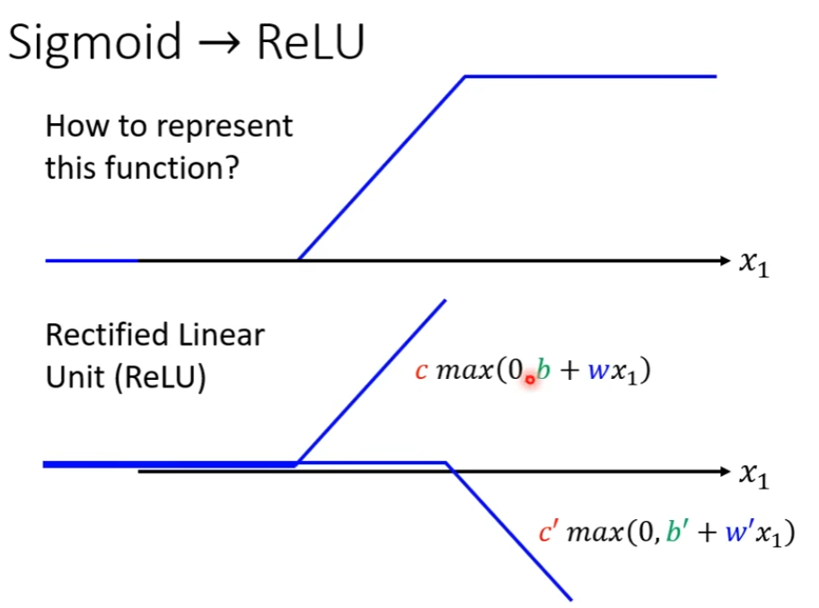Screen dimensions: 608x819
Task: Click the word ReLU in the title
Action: point(310,42)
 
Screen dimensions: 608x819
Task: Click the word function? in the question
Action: point(182,167)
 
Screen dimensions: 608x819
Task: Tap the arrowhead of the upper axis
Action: point(727,260)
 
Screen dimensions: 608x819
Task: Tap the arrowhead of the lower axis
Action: point(727,471)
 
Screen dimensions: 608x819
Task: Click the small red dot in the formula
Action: point(530,379)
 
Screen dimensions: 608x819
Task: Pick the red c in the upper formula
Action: point(420,371)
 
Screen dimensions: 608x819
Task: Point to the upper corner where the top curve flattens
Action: point(464,76)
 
